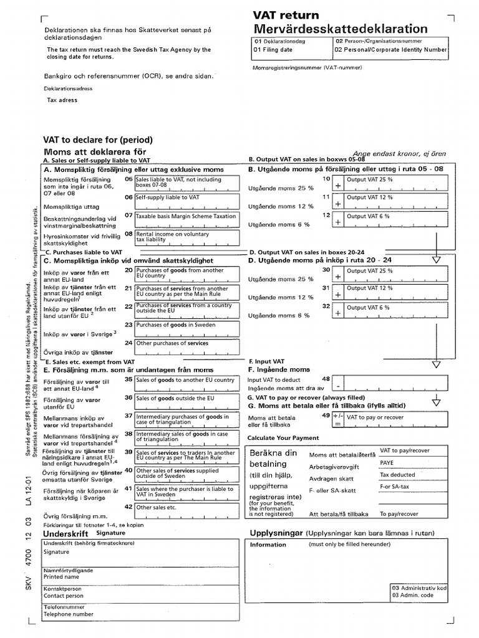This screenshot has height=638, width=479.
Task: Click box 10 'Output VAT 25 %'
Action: coord(390,183)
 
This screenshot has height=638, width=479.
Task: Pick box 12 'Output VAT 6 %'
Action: coord(390,219)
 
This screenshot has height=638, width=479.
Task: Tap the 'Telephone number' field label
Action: coord(69,614)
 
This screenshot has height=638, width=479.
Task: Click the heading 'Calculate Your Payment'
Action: coord(283,438)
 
